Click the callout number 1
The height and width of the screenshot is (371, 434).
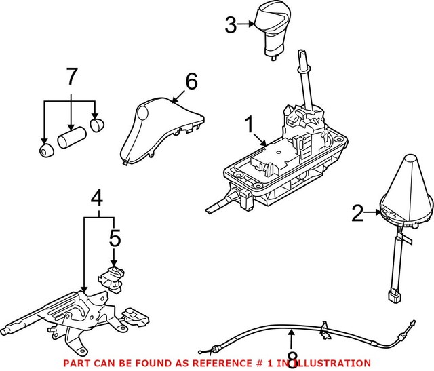pos(249,125)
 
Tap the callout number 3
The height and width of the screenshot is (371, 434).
pos(231,26)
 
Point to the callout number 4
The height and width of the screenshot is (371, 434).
pos(98,199)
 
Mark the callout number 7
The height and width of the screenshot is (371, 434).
pos(71,77)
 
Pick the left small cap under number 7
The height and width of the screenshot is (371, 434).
pos(45,150)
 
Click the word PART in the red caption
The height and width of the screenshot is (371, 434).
pos(75,364)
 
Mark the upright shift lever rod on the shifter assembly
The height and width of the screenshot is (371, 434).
pos(306,85)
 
